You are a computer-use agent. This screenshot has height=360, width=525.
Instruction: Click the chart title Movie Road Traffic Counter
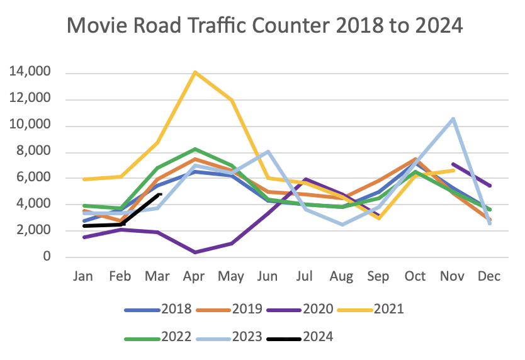pyautogui.click(x=264, y=26)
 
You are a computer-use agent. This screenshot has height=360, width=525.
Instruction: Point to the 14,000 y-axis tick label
pyautogui.click(x=30, y=73)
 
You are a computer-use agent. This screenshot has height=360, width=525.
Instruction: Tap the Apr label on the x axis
pyautogui.click(x=195, y=276)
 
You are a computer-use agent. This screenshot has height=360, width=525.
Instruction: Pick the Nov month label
pyautogui.click(x=453, y=276)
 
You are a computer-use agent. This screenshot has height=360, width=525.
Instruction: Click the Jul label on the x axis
pyautogui.click(x=306, y=276)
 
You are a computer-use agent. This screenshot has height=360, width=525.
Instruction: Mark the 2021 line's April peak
pyautogui.click(x=195, y=72)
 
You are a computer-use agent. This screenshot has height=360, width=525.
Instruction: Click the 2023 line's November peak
pyautogui.click(x=453, y=118)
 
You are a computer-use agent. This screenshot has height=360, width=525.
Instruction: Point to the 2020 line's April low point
pyautogui.click(x=195, y=252)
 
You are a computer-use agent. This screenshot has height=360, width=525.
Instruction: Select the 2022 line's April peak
pyautogui.click(x=195, y=149)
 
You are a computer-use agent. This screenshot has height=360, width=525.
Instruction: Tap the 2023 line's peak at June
pyautogui.click(x=269, y=151)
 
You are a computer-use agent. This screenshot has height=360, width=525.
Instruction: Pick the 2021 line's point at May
pyautogui.click(x=232, y=100)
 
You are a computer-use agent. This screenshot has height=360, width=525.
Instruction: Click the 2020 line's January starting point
pyautogui.click(x=84, y=237)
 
